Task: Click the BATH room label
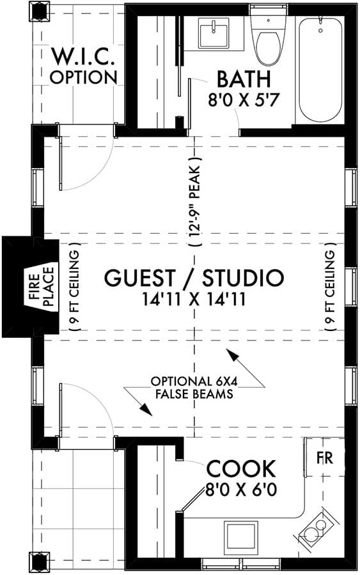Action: tap(244, 80)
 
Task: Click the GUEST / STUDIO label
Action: tap(194, 278)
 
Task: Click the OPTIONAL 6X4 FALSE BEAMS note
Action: tap(191, 388)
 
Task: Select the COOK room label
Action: tap(240, 470)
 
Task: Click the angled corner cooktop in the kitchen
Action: tap(315, 528)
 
